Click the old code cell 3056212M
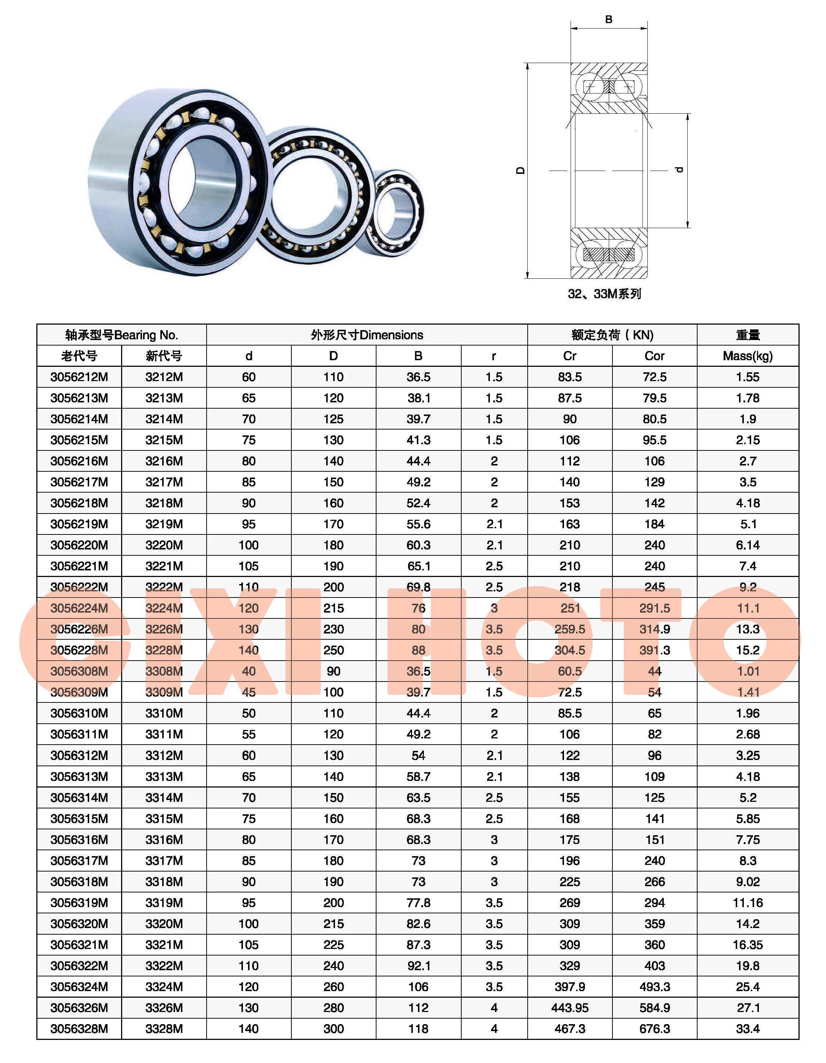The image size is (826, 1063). (x=79, y=377)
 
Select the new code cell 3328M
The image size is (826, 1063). (x=164, y=1029)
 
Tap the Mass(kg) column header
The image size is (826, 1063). (x=747, y=356)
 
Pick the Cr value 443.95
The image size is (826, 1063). (x=570, y=1008)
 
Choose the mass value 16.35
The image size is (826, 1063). (x=747, y=945)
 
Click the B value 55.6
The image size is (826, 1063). (x=418, y=524)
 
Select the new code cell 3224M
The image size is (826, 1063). (x=164, y=608)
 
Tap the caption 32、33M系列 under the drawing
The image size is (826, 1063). (x=604, y=293)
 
